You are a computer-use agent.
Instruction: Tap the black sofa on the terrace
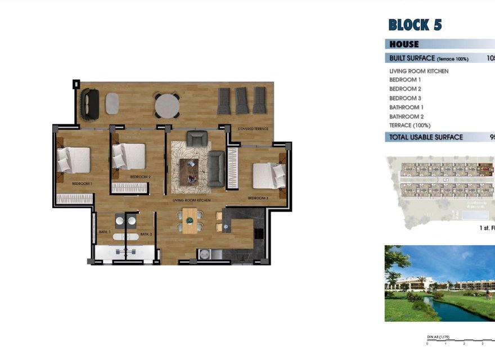(89, 103)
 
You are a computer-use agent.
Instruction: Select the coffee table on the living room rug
(188, 170)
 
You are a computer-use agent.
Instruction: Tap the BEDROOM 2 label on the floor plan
(140, 177)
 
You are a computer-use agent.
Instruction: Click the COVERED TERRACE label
(253, 129)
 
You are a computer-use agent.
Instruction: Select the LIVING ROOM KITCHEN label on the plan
(191, 200)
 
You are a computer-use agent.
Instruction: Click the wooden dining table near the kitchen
(190, 220)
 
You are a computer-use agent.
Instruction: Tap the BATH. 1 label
(105, 232)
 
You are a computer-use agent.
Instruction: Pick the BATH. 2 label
(146, 234)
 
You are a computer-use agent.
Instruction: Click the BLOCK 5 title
(415, 25)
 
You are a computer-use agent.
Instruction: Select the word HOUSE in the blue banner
(404, 44)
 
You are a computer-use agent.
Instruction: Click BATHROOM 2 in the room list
(406, 116)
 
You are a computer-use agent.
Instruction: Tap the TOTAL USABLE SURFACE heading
(426, 137)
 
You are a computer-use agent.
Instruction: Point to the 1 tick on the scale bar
(445, 343)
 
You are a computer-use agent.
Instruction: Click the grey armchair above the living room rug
(197, 138)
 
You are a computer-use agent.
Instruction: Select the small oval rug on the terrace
(112, 103)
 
